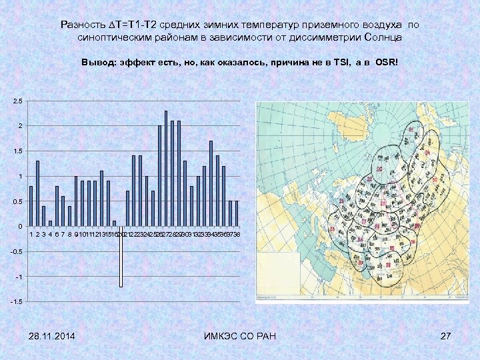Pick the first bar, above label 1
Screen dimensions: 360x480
point(31,206)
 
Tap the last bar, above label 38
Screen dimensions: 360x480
point(237,213)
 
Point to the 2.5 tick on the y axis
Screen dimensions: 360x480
point(17,101)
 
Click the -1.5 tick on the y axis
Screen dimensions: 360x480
point(16,302)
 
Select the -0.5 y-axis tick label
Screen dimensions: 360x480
point(16,251)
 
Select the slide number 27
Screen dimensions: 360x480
point(446,334)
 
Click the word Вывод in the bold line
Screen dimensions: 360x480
point(97,62)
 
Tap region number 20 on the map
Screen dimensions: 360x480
point(379,171)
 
